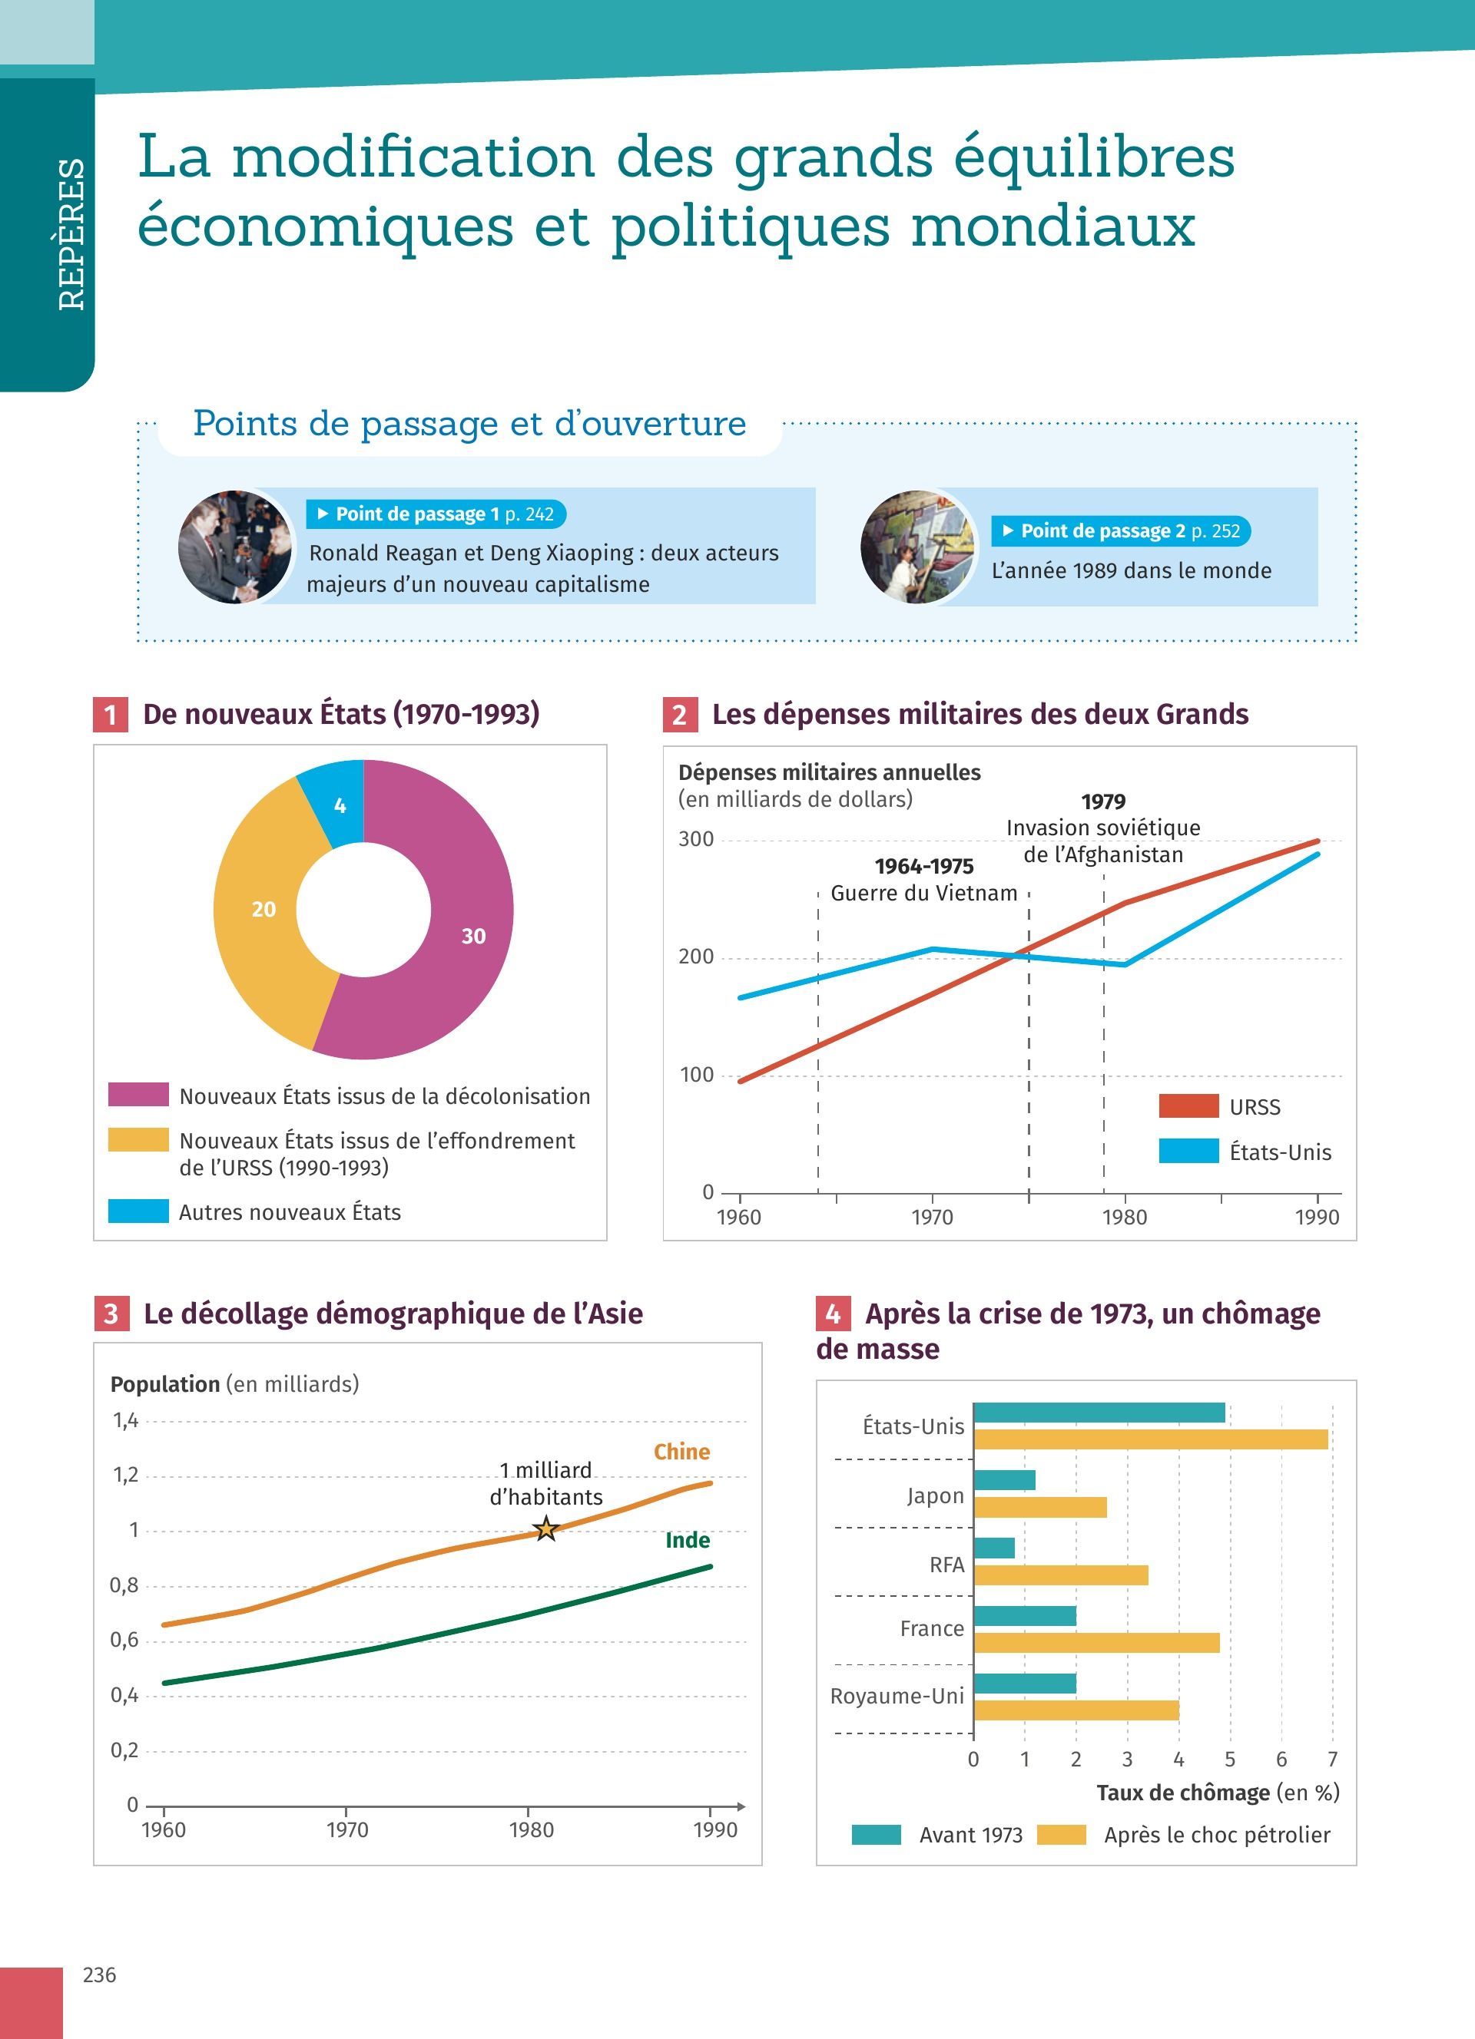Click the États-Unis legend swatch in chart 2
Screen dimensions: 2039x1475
click(x=1188, y=1151)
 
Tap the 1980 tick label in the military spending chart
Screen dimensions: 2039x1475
click(x=1124, y=1218)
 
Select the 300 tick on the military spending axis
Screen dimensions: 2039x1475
click(x=695, y=839)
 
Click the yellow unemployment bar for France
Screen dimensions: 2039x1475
click(x=1096, y=1643)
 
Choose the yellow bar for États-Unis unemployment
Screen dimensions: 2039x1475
click(x=1150, y=1439)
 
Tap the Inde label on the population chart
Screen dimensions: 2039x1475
click(x=687, y=1540)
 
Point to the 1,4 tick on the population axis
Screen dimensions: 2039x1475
click(x=125, y=1420)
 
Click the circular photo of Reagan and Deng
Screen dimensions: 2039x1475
click(x=236, y=547)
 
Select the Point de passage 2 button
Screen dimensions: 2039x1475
click(x=1121, y=530)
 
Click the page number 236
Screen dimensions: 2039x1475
click(x=99, y=1975)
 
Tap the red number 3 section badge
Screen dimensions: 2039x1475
click(x=111, y=1314)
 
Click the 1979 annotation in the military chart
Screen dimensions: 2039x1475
click(x=1102, y=801)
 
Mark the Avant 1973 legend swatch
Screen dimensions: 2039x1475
click(x=876, y=1835)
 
